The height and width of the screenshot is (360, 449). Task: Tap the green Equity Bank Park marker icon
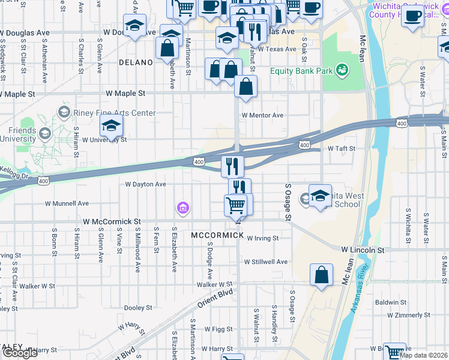[342, 71]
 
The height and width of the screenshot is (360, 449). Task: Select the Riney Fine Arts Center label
[113, 113]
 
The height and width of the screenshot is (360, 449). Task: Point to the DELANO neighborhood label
[136, 62]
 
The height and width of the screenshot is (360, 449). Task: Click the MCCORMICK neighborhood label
[217, 235]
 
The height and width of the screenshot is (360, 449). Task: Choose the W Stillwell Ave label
[265, 262]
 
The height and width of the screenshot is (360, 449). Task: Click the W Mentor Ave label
[262, 115]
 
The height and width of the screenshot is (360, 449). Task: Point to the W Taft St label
[341, 148]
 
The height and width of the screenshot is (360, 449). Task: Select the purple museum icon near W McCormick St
[182, 208]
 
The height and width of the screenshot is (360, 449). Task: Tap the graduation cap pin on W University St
[111, 125]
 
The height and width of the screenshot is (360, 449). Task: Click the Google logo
[20, 353]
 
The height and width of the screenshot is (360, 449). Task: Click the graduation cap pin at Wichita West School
[320, 195]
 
